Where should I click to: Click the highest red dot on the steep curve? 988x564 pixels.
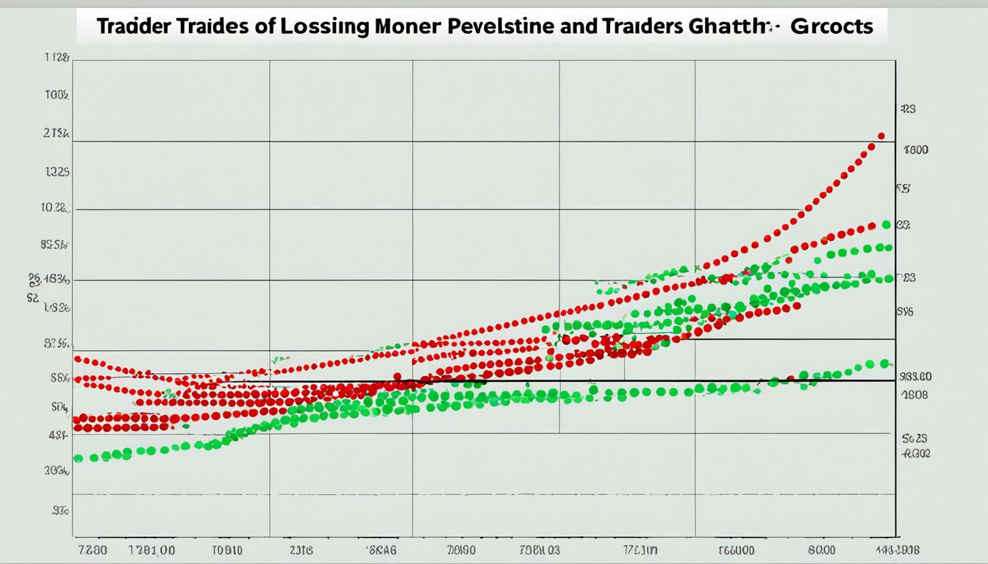881,136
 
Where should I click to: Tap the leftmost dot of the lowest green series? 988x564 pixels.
78,458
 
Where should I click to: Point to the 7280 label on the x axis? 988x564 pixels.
93,549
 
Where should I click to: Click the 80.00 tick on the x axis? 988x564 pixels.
821,549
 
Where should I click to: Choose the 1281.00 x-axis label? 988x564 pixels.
151,549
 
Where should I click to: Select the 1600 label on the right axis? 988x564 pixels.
916,150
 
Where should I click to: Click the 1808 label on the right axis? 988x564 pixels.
914,394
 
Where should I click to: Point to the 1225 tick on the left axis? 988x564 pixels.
57,173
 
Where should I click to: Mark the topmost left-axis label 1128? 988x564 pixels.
57,57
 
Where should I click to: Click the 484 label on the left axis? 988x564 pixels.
58,435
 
